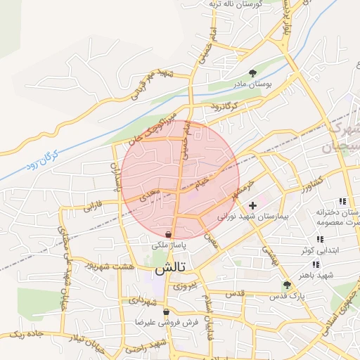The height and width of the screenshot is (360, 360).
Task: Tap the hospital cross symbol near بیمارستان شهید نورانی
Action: [252, 205]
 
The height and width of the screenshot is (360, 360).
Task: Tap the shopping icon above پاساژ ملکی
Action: [168, 234]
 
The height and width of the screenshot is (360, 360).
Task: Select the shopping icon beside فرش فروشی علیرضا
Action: [166, 312]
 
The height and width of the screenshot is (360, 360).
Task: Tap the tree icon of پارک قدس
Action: [286, 285]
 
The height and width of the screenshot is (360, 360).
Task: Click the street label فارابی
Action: [93, 208]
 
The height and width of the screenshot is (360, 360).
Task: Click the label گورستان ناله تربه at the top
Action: [236, 4]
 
